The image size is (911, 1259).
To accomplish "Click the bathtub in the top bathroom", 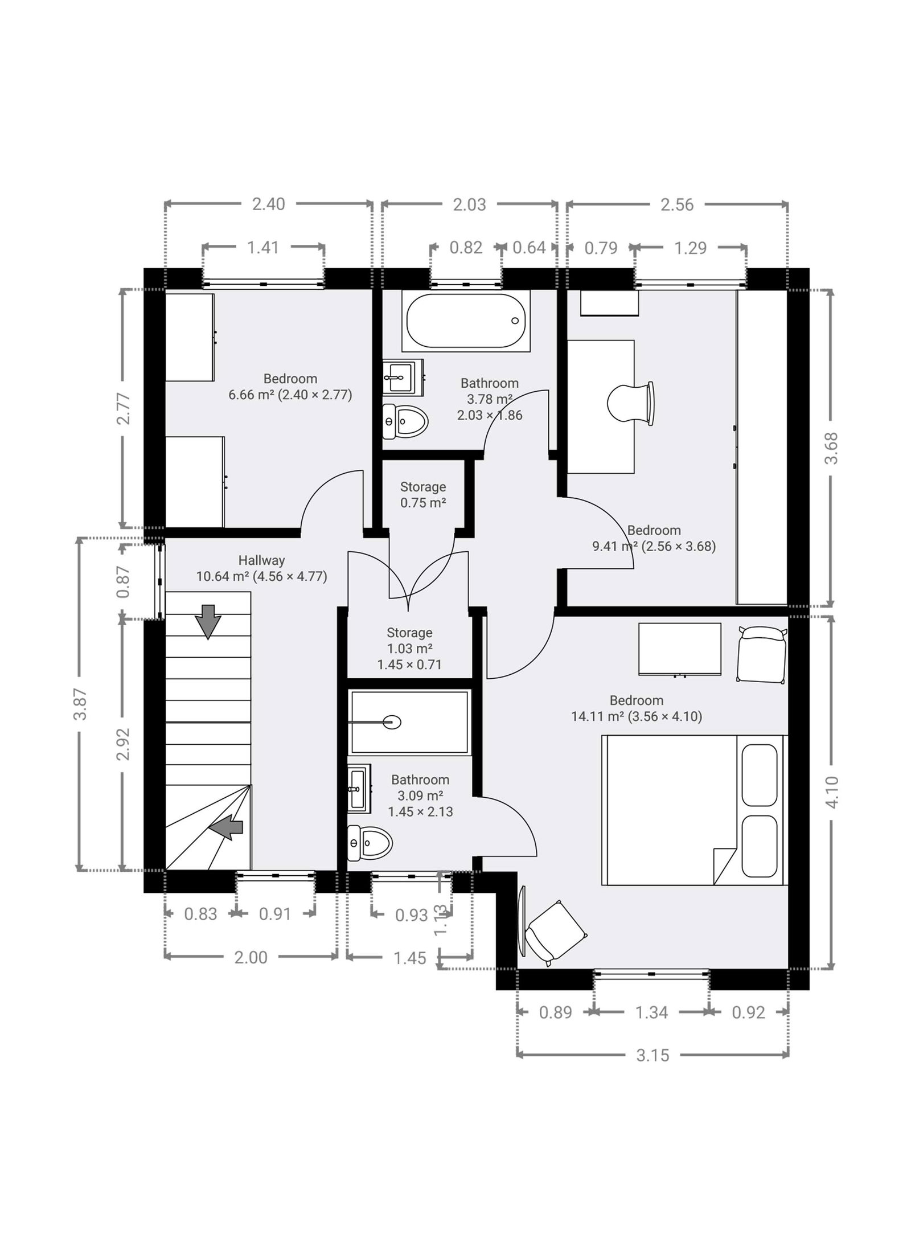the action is pos(466,321).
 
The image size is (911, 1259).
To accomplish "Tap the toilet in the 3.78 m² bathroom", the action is pos(405,421).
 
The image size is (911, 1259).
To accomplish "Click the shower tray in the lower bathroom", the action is pos(409,722).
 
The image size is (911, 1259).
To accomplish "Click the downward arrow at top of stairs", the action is pos(208,622).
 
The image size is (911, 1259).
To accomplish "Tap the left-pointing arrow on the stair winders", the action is pos(227,827).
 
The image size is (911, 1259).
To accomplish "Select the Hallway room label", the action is pos(261,560).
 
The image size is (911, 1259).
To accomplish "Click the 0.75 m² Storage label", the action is pos(422,495).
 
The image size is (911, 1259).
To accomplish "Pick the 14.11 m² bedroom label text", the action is pos(637,708).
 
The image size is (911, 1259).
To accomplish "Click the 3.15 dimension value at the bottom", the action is pos(653,1055).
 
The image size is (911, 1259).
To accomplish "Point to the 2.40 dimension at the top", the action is pos(268,204).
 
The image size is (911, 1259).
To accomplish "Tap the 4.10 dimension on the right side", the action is pos(831,792).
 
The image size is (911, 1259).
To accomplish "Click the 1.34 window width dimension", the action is pos(651,1012).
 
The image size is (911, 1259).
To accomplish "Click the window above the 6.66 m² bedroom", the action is pos(263,283).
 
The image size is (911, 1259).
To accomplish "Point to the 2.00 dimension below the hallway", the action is pos(251,957).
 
